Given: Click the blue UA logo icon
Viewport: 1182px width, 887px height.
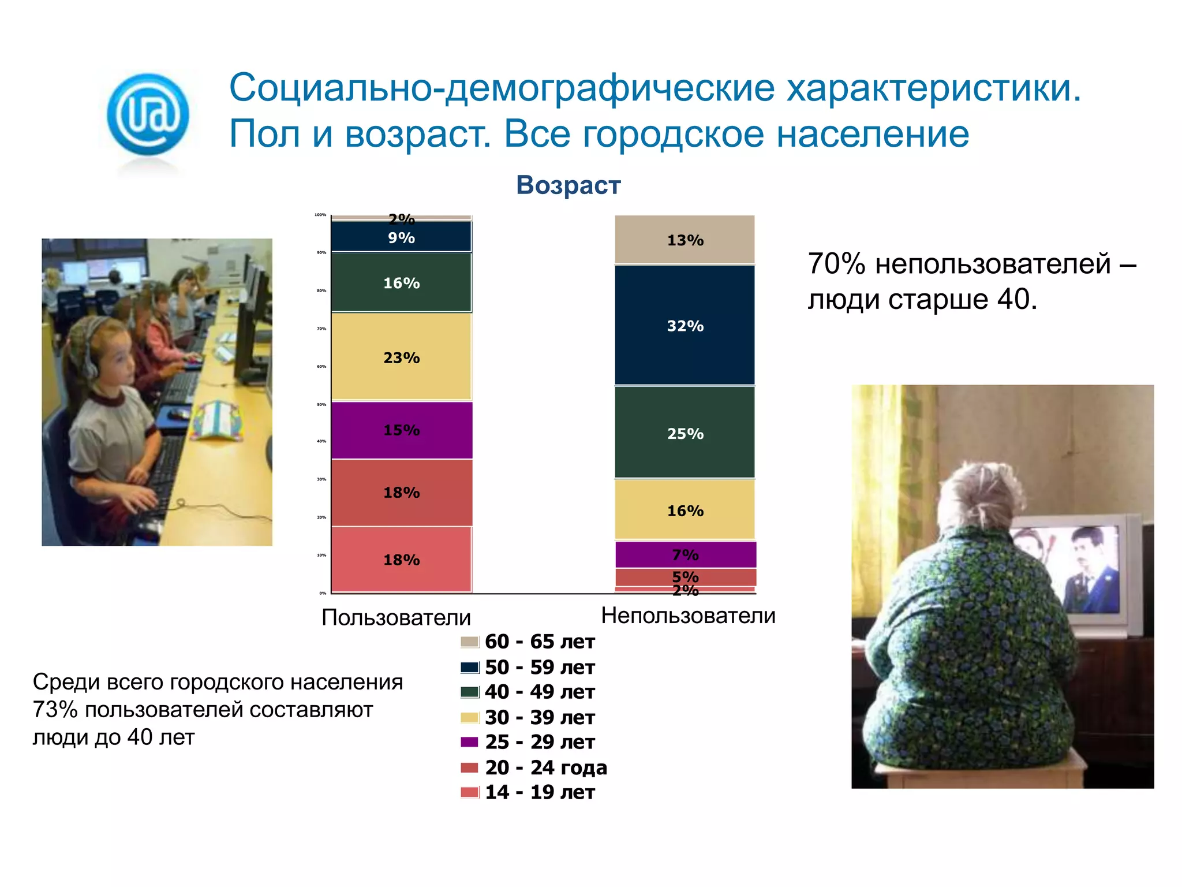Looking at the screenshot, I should click(148, 114).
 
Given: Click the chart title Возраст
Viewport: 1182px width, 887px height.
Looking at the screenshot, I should click(568, 185).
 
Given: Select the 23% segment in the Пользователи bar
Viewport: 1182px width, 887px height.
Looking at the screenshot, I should click(402, 357).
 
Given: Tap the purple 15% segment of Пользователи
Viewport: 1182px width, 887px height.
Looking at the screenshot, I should click(402, 430).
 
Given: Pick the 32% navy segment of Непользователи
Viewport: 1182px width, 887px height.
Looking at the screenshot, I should click(685, 326).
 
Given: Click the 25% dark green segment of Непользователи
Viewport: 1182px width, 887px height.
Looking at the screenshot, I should click(685, 433).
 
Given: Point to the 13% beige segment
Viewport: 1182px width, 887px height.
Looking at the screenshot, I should click(685, 240).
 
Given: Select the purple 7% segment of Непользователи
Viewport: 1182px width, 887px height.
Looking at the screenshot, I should click(685, 554).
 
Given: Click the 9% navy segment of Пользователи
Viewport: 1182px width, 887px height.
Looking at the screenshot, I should click(402, 237).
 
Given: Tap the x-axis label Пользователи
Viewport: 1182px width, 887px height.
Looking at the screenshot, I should click(396, 617).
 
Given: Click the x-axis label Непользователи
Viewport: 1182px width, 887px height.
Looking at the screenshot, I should click(688, 616).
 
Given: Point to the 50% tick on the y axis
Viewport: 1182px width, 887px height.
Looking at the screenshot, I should click(321, 404).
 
